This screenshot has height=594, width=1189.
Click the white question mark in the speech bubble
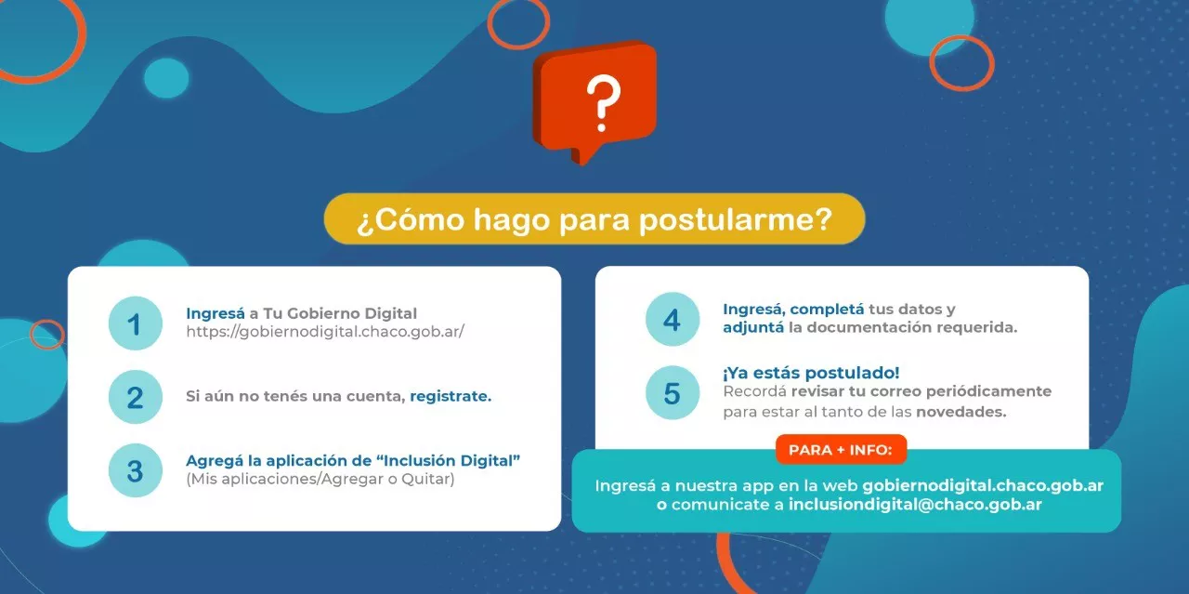[x=602, y=102]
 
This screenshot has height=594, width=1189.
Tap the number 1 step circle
[x=136, y=323]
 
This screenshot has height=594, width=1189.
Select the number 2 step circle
[x=136, y=397]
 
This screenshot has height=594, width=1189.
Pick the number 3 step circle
[x=136, y=470]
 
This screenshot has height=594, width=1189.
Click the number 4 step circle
[x=672, y=320]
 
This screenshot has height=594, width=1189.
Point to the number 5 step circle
[x=672, y=392]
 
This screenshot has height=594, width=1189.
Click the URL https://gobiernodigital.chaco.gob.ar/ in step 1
[x=324, y=332]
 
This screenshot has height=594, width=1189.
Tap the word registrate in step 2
[x=451, y=396]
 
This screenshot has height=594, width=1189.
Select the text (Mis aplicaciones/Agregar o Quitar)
[x=320, y=480]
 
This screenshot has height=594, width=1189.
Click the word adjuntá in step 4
[x=753, y=327]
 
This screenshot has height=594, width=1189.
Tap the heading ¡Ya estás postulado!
[x=811, y=373]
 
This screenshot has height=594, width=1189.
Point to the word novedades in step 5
[x=960, y=412]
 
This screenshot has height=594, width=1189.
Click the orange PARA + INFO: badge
[x=840, y=450]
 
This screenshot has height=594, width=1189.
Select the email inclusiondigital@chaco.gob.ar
[x=915, y=505]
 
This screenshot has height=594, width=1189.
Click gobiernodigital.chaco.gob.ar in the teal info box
[x=983, y=485]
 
